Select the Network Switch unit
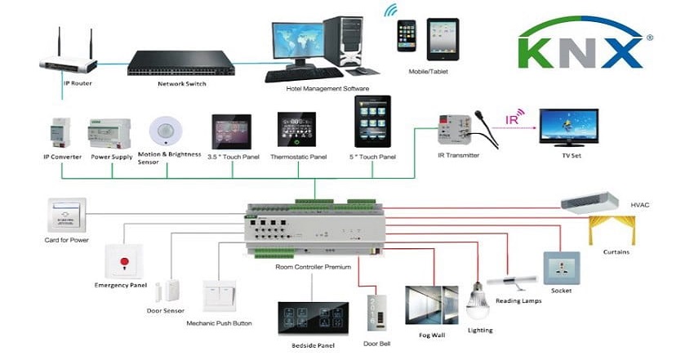[x=180, y=62]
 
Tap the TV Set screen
[x=568, y=126]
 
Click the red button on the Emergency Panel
[x=124, y=262]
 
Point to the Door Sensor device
[x=174, y=287]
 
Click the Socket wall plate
[x=561, y=268]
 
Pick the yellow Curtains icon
[x=612, y=228]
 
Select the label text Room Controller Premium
[x=314, y=267]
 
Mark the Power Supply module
[x=109, y=132]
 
